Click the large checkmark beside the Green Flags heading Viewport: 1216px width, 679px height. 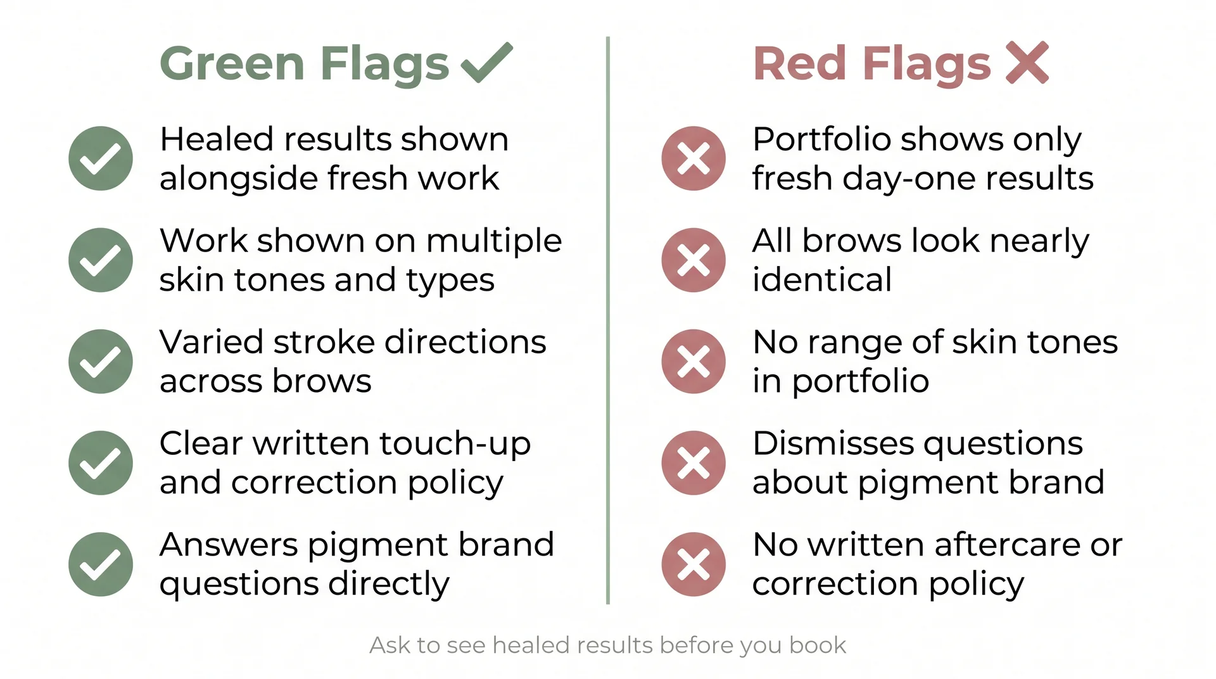(x=486, y=63)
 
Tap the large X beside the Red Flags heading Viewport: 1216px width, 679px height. (x=1027, y=63)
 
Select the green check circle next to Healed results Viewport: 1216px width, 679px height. (x=101, y=158)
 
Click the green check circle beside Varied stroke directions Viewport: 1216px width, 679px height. (x=101, y=361)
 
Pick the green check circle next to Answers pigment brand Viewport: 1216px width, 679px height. (x=101, y=564)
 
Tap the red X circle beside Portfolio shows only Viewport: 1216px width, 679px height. (x=693, y=158)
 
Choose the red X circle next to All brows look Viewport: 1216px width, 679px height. (x=693, y=260)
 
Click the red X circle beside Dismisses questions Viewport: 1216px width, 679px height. (x=693, y=462)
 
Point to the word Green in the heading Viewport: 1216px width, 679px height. (x=232, y=64)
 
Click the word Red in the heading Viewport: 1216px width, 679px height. (x=800, y=64)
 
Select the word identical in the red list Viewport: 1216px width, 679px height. (x=822, y=279)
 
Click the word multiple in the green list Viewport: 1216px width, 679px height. (x=493, y=241)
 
